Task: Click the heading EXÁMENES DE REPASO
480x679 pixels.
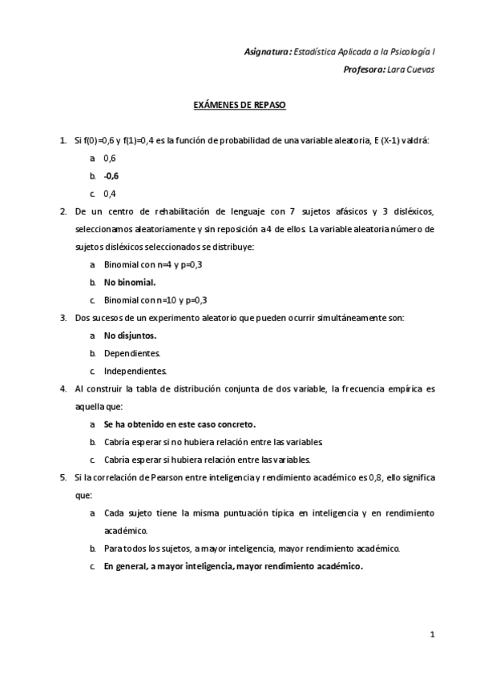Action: point(240,105)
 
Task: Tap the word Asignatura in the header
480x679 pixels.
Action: point(267,52)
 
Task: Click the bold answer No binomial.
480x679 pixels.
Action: point(130,283)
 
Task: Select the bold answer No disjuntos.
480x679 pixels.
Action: point(131,335)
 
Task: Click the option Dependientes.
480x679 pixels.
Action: point(132,353)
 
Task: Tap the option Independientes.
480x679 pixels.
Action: point(135,371)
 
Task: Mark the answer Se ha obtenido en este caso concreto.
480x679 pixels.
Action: point(185,424)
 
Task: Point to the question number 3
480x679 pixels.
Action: point(63,318)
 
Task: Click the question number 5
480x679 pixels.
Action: point(63,477)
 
